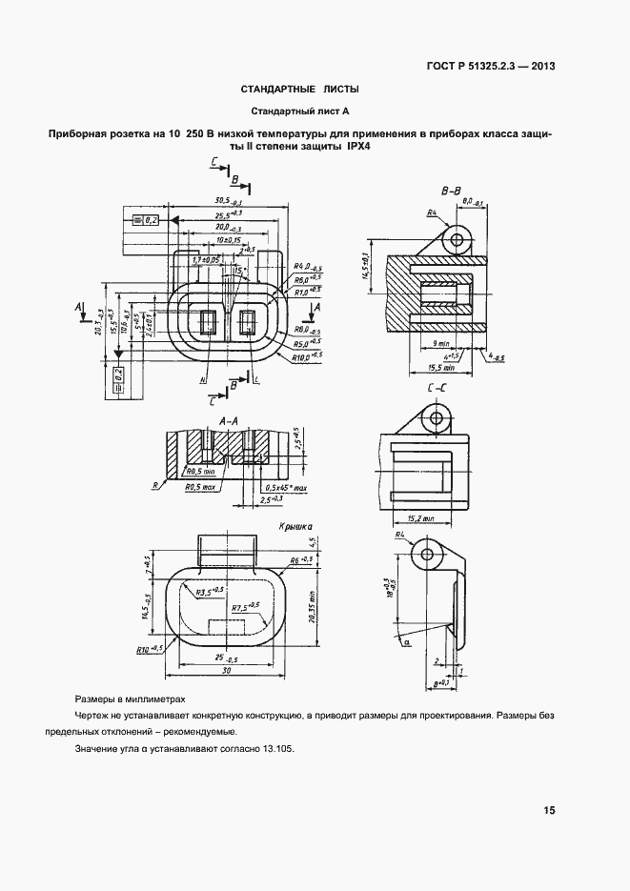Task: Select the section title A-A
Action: pos(228,419)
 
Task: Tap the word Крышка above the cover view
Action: pos(296,525)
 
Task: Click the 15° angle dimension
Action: pos(240,272)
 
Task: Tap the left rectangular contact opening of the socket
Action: pos(208,321)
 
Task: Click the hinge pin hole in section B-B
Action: pos(460,237)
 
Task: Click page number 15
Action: pos(549,811)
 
